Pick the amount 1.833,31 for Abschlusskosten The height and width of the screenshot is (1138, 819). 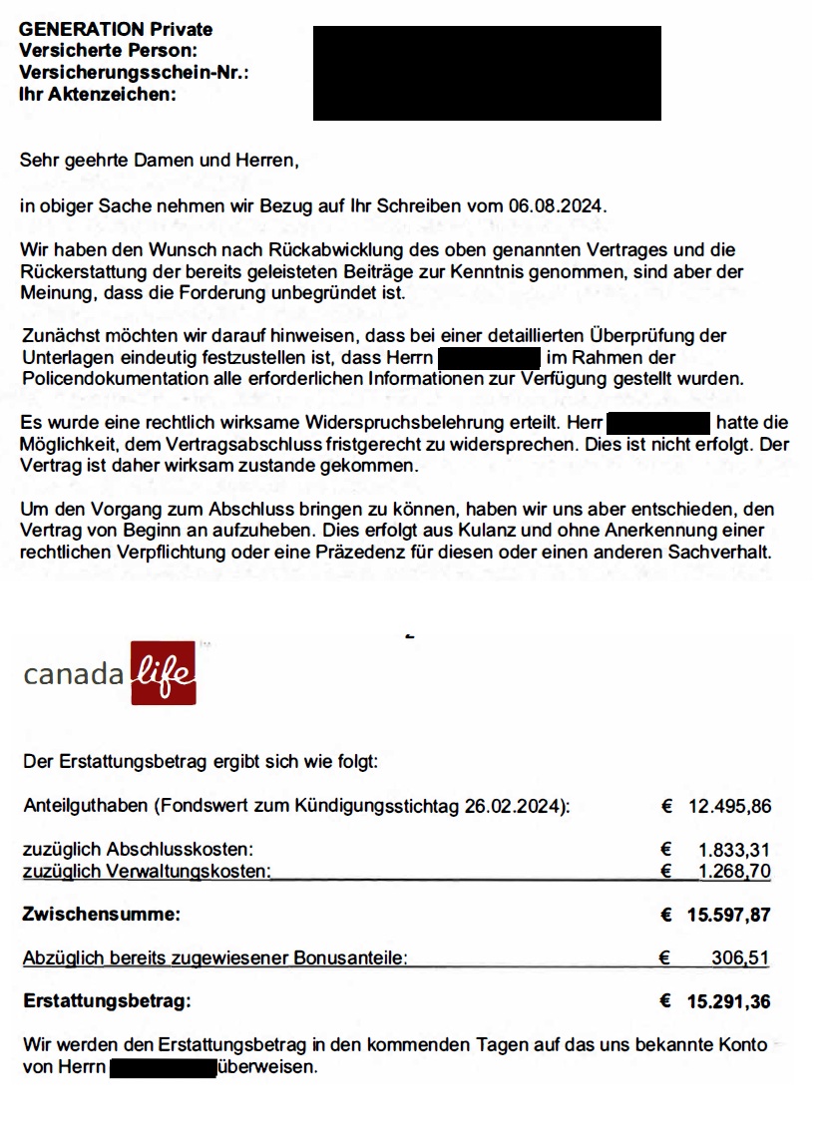[x=735, y=851]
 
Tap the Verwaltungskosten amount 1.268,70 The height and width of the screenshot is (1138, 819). [x=735, y=872]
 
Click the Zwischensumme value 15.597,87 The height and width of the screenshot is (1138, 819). [x=728, y=915]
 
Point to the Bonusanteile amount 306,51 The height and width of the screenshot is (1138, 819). [x=740, y=958]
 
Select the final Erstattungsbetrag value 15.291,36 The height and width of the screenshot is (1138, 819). [x=728, y=1001]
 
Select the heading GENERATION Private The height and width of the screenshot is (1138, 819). [x=116, y=30]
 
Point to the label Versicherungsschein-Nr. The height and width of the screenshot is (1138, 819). [x=134, y=74]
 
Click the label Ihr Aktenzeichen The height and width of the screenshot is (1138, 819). [x=98, y=96]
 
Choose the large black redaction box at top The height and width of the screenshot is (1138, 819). [x=487, y=73]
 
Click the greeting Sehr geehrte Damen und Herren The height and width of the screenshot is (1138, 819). [x=160, y=160]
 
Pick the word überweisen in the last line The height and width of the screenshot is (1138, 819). [x=267, y=1067]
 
